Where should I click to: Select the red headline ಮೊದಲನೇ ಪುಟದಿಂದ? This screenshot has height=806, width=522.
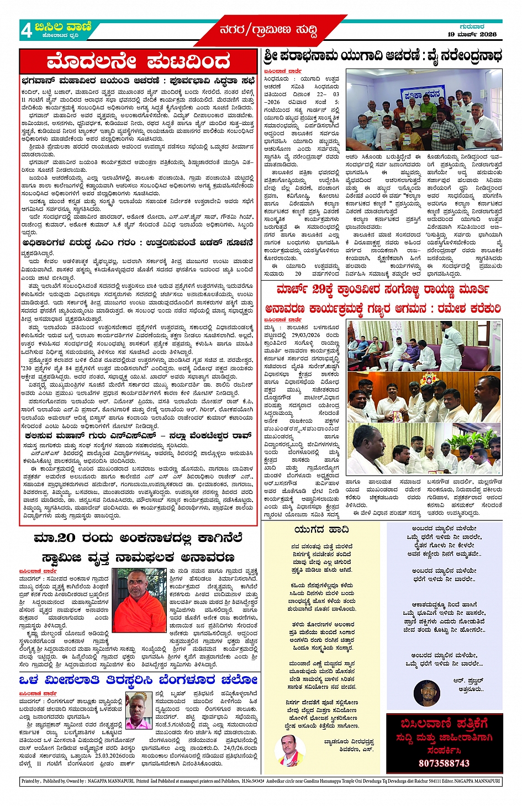138,61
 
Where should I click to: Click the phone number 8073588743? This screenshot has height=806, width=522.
444,763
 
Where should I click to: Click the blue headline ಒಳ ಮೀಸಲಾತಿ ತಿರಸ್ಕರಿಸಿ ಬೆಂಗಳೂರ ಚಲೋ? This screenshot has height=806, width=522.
138,679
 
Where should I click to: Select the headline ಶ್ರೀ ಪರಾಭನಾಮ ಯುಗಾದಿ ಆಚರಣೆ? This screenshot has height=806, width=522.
382,56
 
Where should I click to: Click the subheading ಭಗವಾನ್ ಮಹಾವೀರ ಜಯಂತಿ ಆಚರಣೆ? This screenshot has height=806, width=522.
138,80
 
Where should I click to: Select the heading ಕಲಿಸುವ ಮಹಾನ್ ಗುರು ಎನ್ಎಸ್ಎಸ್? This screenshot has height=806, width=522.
138,436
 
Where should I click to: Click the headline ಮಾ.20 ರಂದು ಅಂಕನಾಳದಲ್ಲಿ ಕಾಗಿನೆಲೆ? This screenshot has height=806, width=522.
138,538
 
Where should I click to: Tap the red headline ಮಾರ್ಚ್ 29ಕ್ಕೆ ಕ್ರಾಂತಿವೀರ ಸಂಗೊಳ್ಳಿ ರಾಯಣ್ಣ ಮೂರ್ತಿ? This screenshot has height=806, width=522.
382,289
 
